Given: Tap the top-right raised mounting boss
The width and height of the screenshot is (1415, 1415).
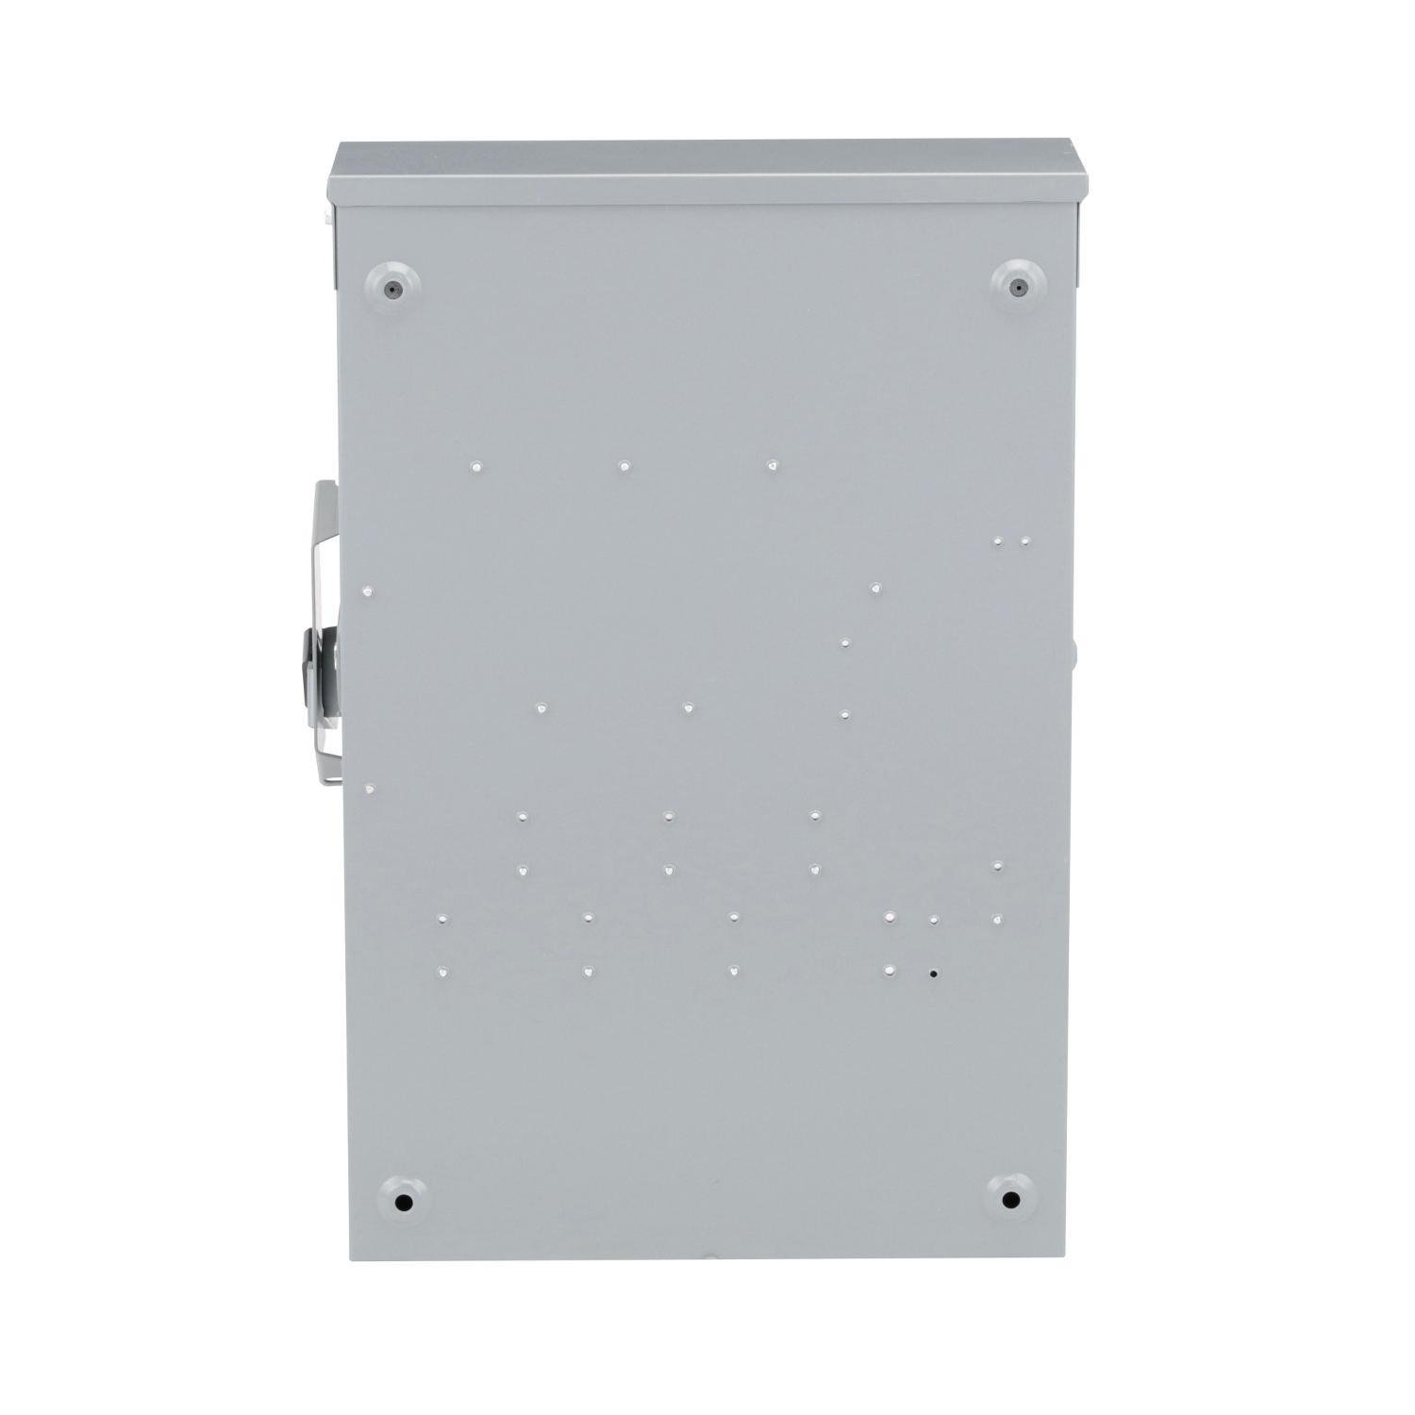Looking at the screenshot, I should coord(1017,285).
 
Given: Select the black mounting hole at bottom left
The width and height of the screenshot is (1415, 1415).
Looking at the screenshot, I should coord(404,1204).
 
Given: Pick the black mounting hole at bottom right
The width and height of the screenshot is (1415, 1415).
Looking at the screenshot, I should coord(1010,1201).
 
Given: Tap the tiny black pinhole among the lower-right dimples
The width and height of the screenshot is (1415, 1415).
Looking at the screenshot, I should coord(934,973).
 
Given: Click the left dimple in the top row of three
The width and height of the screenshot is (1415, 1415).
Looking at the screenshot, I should coord(476,465).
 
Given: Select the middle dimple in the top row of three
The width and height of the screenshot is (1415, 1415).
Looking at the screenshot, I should coord(624,465).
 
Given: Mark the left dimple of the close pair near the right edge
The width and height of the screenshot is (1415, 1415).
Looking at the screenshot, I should coord(997,542).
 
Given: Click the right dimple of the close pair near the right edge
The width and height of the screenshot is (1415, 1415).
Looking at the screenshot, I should coord(1025,542).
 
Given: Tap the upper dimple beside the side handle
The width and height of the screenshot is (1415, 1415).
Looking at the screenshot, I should coord(369,591).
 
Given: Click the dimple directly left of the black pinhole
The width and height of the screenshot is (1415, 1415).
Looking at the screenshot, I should coord(890,970).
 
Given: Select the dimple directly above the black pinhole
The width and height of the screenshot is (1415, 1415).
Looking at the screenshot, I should coord(934,919).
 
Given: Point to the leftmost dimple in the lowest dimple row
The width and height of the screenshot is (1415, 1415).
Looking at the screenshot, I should coord(441,970).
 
